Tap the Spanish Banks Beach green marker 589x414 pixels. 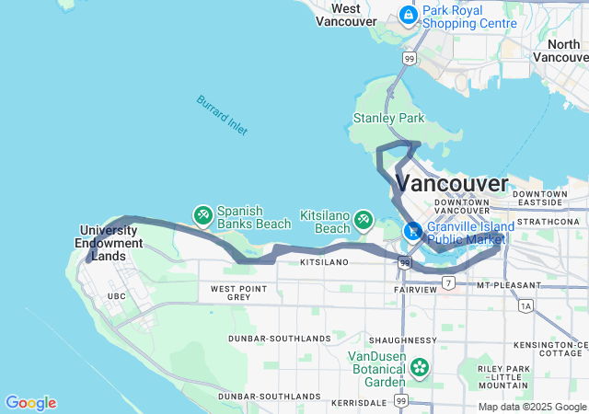click(x=202, y=215)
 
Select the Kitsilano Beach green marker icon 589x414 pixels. click(x=364, y=218)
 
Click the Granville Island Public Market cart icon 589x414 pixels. click(x=413, y=231)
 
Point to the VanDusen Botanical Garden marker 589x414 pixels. click(x=420, y=368)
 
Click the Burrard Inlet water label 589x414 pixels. click(x=221, y=115)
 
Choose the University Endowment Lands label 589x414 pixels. click(x=111, y=243)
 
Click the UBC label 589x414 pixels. click(x=116, y=296)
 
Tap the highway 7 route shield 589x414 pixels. click(x=448, y=282)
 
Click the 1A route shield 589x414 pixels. click(x=525, y=305)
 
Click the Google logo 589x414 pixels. click(x=30, y=403)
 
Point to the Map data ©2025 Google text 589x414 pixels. click(x=531, y=407)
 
